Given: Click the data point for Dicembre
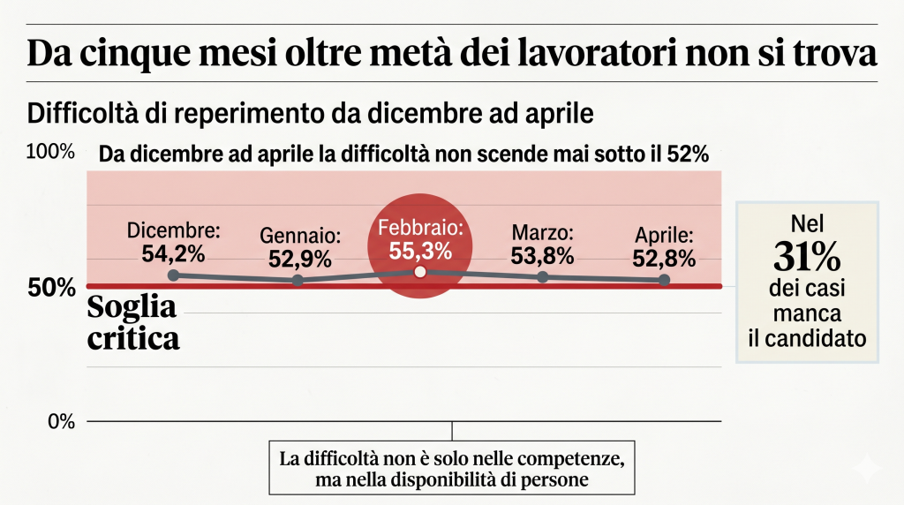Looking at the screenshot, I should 174,275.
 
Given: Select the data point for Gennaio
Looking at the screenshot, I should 298,280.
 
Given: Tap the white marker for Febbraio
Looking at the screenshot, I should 420,272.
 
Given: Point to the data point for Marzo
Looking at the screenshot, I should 543,277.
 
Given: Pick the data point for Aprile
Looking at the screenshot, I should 664,280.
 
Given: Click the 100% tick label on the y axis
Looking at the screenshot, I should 50,152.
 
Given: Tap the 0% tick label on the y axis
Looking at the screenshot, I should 61,422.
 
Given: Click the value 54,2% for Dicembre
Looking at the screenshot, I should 173,253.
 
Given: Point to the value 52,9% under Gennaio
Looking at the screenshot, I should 300,259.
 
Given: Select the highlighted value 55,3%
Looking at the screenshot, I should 420,251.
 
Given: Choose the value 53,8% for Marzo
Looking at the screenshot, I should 543,256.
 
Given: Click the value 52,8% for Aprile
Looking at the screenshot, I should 664,259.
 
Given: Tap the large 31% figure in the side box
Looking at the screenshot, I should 807,258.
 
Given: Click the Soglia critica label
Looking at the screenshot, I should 133,322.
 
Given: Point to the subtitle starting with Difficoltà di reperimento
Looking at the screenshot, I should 310,114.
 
